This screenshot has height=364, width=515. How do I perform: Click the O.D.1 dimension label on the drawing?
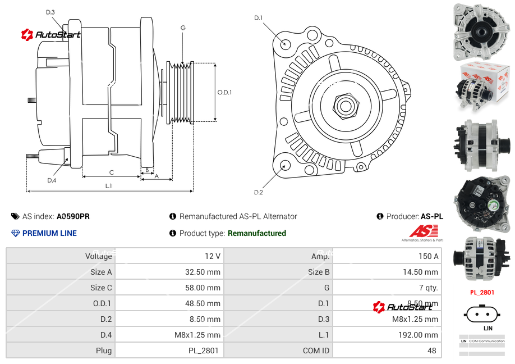(224, 93)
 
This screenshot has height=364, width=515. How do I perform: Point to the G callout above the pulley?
(183, 28)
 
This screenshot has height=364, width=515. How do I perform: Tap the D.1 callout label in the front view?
(258, 18)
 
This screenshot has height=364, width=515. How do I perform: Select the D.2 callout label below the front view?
(258, 192)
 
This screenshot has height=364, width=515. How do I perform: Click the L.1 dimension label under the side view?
(108, 185)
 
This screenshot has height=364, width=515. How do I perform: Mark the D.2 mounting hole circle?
(285, 165)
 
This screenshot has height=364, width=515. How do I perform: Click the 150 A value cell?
(428, 256)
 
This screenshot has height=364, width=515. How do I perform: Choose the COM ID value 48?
(433, 351)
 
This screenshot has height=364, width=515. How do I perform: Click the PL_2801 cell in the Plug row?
(204, 351)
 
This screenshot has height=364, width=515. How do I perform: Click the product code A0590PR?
(73, 216)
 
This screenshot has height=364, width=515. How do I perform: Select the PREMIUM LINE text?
(49, 233)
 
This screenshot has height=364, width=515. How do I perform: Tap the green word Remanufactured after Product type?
(256, 233)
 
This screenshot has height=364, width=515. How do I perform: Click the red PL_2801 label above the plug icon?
(482, 292)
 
